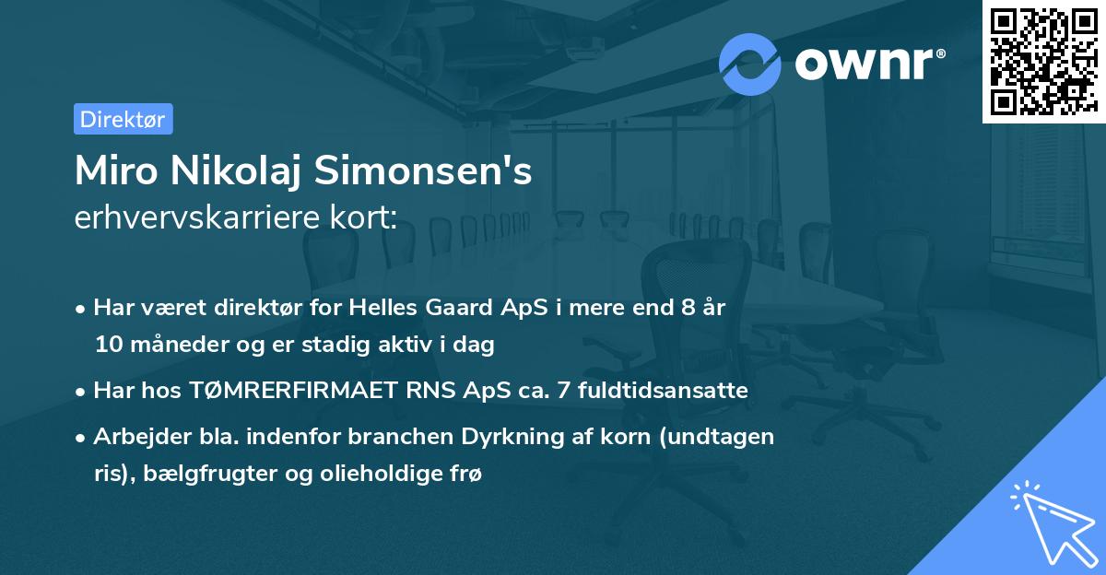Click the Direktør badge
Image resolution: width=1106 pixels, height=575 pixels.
pyautogui.click(x=123, y=119)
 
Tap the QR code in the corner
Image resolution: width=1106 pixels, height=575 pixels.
pyautogui.click(x=1042, y=61)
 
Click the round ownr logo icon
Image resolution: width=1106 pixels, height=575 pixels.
pyautogui.click(x=750, y=63)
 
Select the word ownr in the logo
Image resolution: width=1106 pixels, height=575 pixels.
pyautogui.click(x=868, y=63)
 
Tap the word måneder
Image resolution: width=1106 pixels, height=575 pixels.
pyautogui.click(x=163, y=345)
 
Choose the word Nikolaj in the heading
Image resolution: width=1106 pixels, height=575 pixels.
pyautogui.click(x=246, y=172)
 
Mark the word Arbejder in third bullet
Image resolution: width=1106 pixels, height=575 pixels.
pyautogui.click(x=135, y=436)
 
